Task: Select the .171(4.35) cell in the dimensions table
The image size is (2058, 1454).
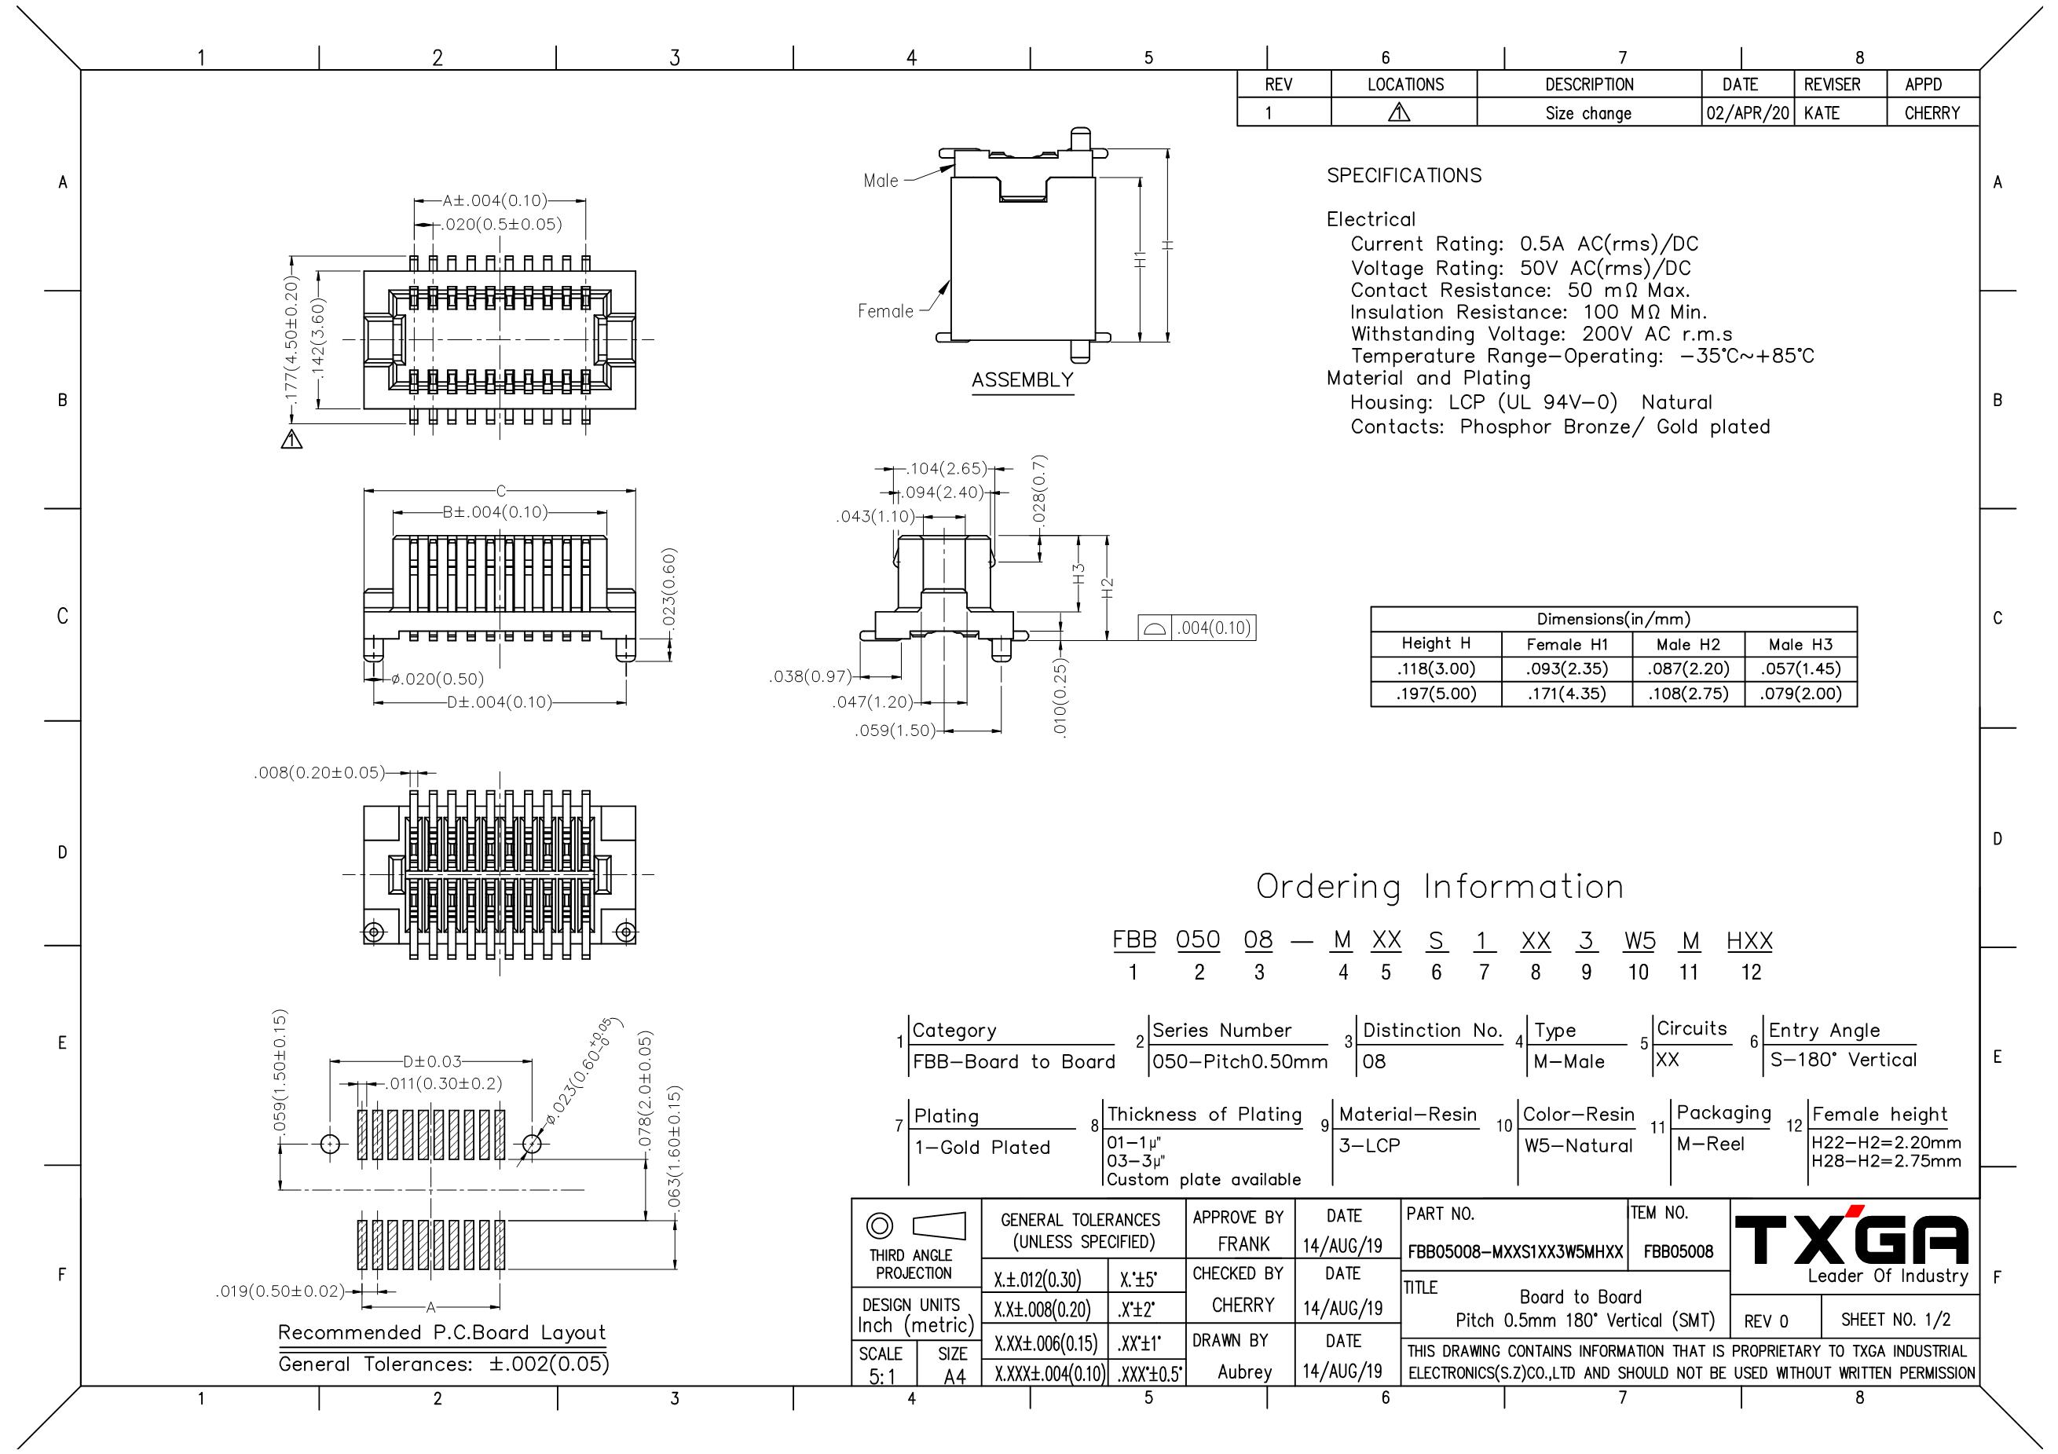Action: point(1567,694)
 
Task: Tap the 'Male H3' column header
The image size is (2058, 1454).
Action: point(1800,645)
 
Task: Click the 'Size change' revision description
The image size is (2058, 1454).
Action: point(1588,113)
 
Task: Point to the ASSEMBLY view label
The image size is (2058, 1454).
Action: point(1022,380)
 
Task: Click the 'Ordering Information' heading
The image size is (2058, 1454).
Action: point(1440,887)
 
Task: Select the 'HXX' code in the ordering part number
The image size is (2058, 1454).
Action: point(1749,940)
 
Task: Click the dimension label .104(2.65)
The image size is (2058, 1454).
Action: point(947,468)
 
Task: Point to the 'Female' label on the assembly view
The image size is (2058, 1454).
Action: point(885,311)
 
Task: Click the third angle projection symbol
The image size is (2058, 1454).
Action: point(914,1225)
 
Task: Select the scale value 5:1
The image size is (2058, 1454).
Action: point(881,1376)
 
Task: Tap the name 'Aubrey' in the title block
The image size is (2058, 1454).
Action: point(1244,1372)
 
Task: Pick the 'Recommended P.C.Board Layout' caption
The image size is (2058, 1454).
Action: point(442,1332)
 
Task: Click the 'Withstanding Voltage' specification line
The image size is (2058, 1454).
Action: point(1542,335)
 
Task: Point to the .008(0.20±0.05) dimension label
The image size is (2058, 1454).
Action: point(320,773)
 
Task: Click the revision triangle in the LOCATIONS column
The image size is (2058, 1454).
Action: point(1399,113)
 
